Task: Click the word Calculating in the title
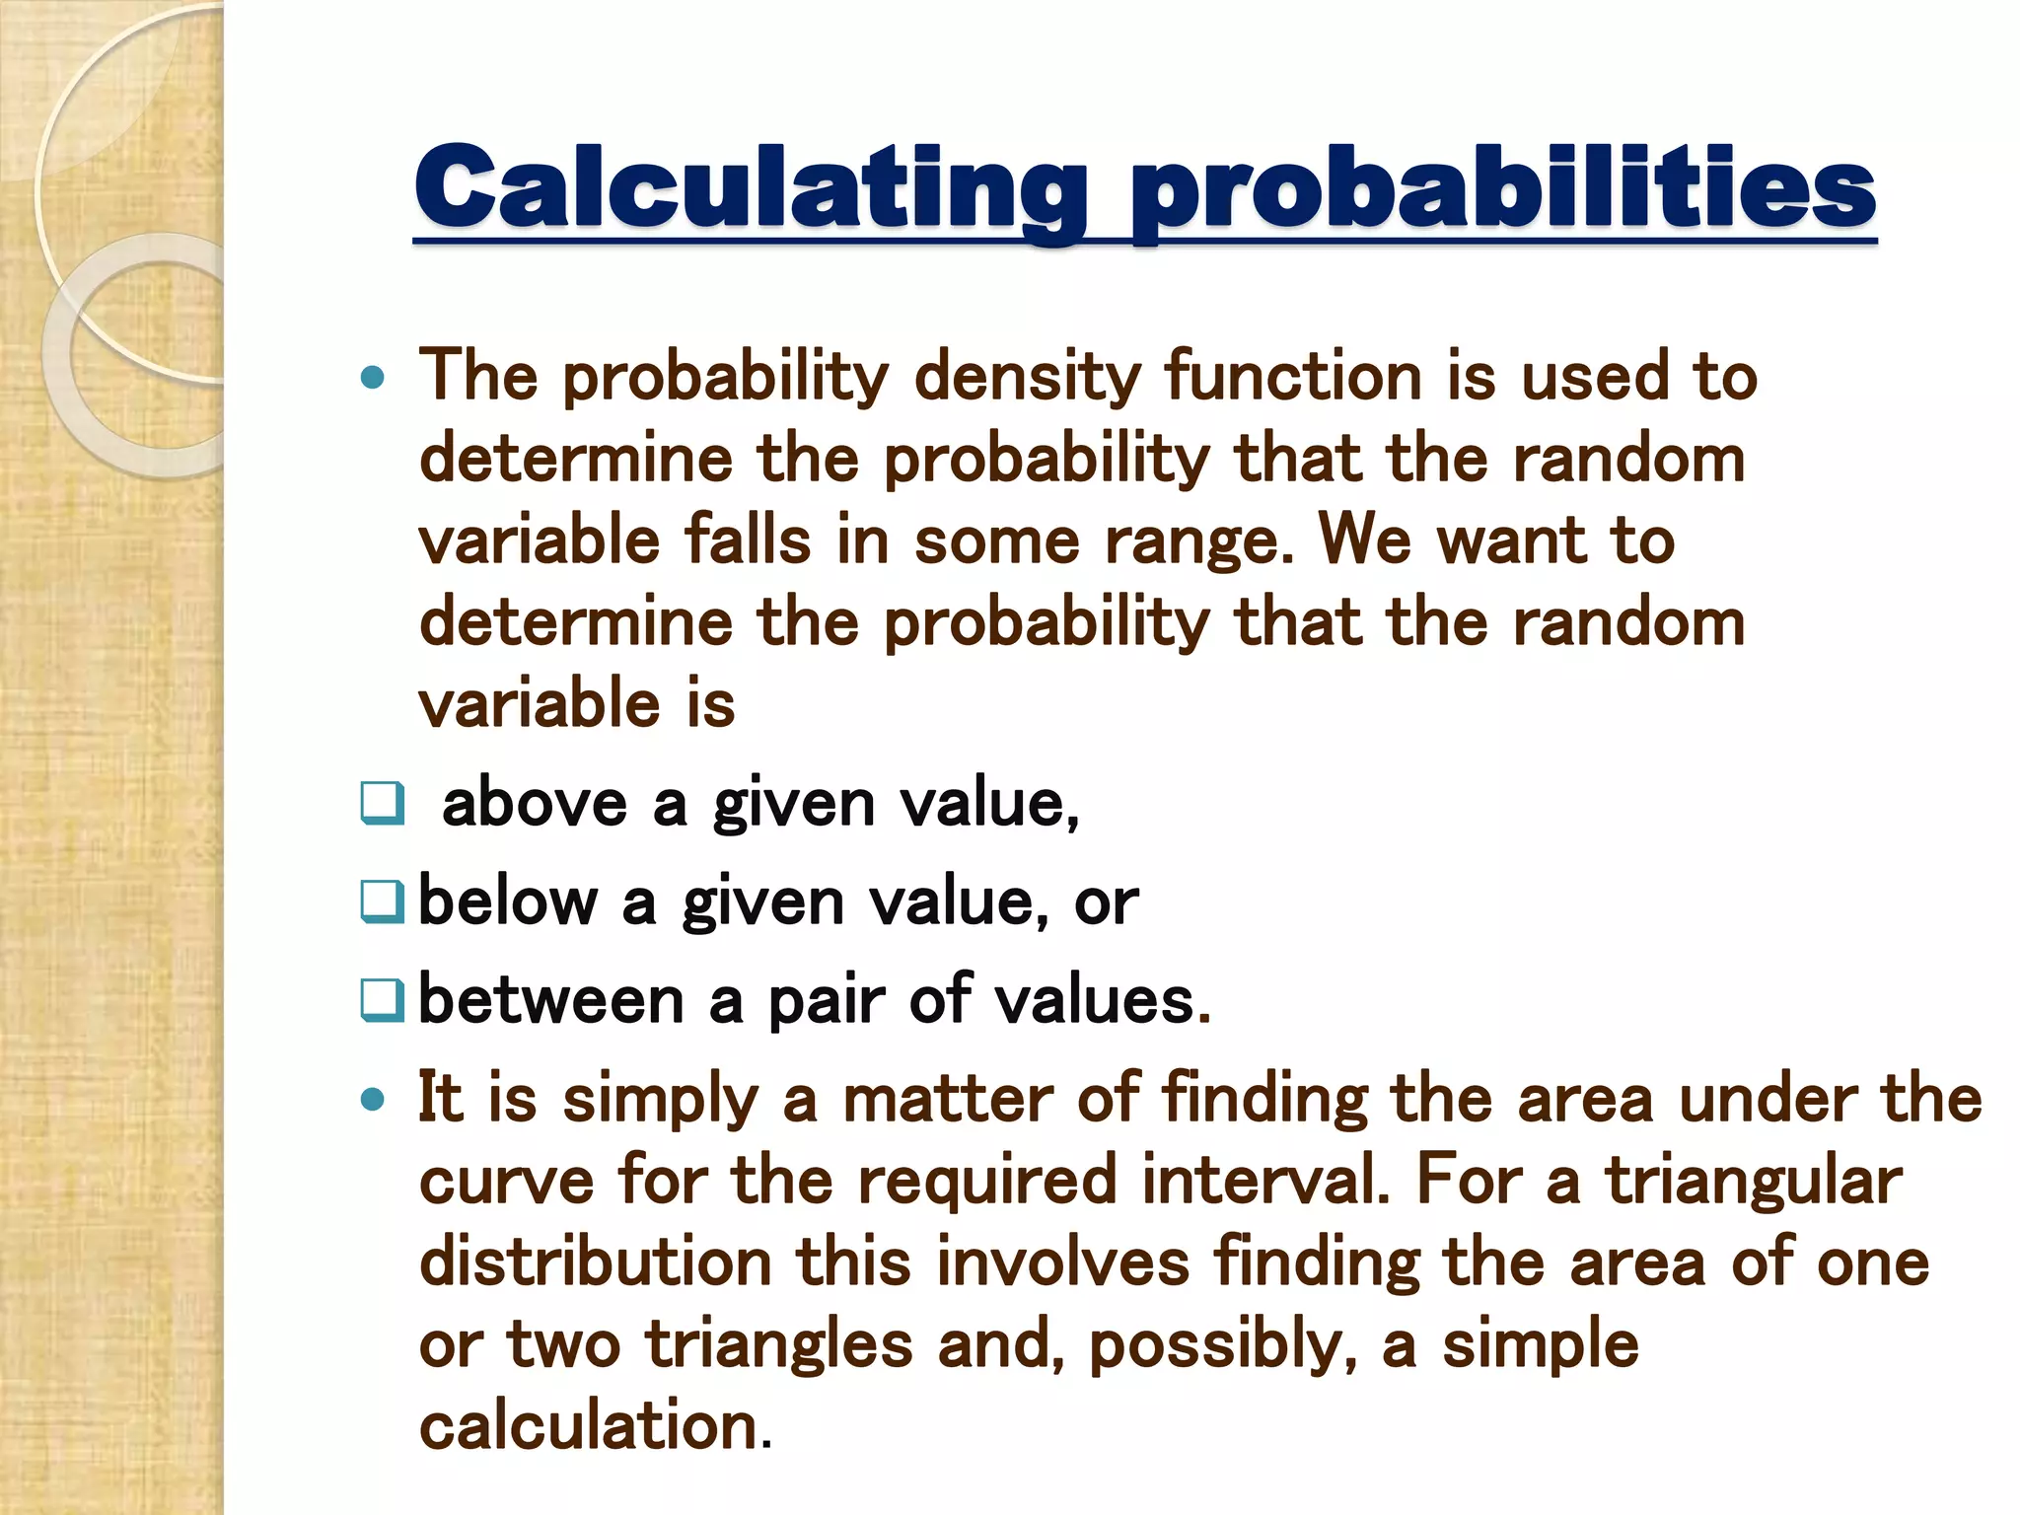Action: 751,188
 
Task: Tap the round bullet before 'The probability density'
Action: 372,378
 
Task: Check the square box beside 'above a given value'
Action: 382,803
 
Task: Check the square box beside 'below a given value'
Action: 382,902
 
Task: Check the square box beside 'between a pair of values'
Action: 382,1000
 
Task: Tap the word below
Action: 508,902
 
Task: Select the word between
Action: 551,1000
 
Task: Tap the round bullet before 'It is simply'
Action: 372,1100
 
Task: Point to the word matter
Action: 947,1099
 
